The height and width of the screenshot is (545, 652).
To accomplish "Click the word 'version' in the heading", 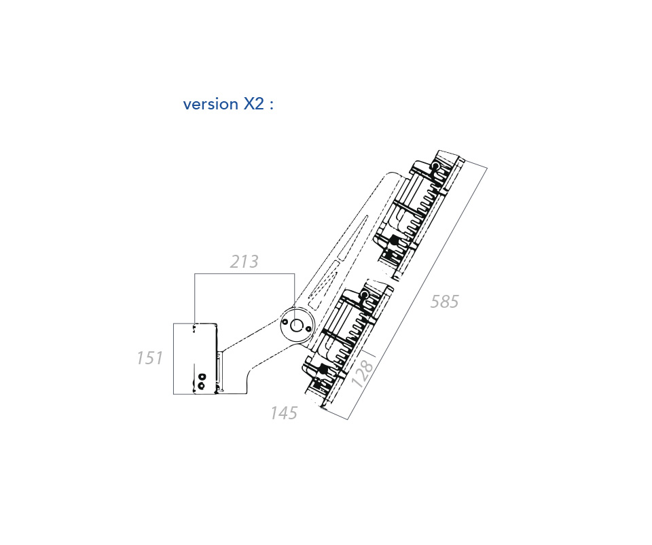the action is point(211,104).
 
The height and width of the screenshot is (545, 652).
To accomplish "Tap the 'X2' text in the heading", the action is point(253,103).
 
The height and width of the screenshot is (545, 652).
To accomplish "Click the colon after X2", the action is point(272,105).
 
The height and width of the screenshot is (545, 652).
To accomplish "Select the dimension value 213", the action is point(244,262).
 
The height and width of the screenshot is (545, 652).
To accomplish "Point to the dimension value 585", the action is point(444,302).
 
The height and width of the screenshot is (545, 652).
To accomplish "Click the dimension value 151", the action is point(149,358).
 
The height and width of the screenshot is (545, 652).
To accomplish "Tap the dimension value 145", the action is point(284,413).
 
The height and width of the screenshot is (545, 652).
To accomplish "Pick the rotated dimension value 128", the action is point(363,373).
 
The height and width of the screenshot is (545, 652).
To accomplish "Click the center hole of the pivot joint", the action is point(297,326).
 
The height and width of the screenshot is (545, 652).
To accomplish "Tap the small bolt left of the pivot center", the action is point(285,321).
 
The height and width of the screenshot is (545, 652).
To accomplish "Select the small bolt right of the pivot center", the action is point(308,329).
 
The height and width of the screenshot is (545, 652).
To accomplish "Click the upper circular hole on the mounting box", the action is point(202,377).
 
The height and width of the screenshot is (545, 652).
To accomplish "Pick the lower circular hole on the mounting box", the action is point(201,386).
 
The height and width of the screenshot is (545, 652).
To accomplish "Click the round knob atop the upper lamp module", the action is point(436,166).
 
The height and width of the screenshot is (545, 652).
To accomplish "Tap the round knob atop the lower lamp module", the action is point(364,296).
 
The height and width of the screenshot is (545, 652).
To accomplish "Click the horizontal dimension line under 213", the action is point(244,274).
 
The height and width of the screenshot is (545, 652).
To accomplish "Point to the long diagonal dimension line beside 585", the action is point(418,293).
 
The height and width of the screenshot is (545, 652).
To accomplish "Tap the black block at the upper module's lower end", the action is point(394,240).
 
